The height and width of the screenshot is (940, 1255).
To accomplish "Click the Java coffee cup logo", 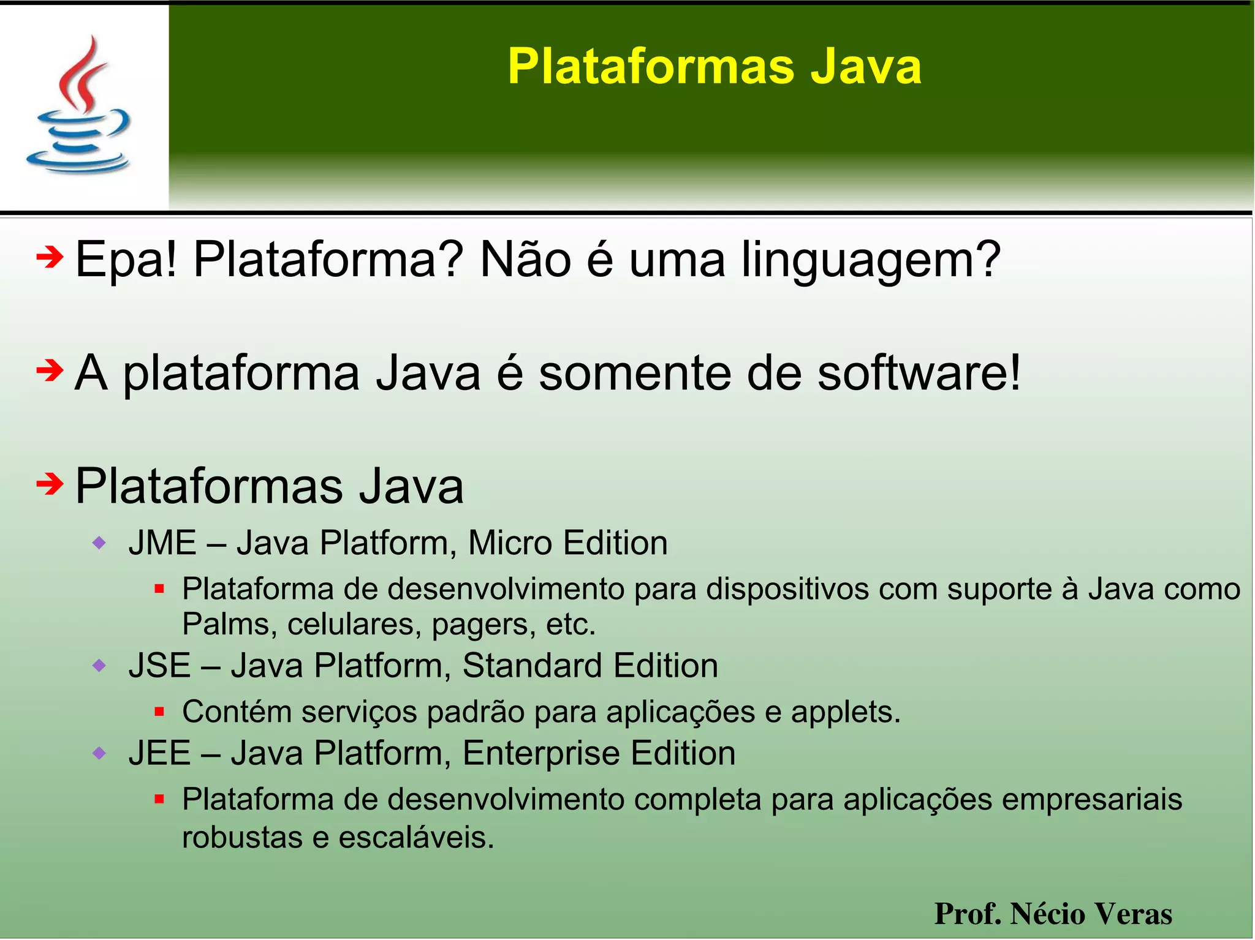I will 78,105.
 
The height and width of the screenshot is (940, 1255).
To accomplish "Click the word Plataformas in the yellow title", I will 650,66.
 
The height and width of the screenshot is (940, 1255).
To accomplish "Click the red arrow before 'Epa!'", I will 50,257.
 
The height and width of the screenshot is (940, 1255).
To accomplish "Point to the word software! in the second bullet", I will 919,373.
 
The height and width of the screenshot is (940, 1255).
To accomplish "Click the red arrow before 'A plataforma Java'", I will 50,370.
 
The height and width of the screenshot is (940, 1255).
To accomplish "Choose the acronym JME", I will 162,543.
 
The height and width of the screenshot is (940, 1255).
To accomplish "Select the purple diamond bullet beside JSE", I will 99,665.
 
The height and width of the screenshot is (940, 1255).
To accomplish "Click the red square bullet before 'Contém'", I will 159,712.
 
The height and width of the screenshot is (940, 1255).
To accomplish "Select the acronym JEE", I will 159,753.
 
